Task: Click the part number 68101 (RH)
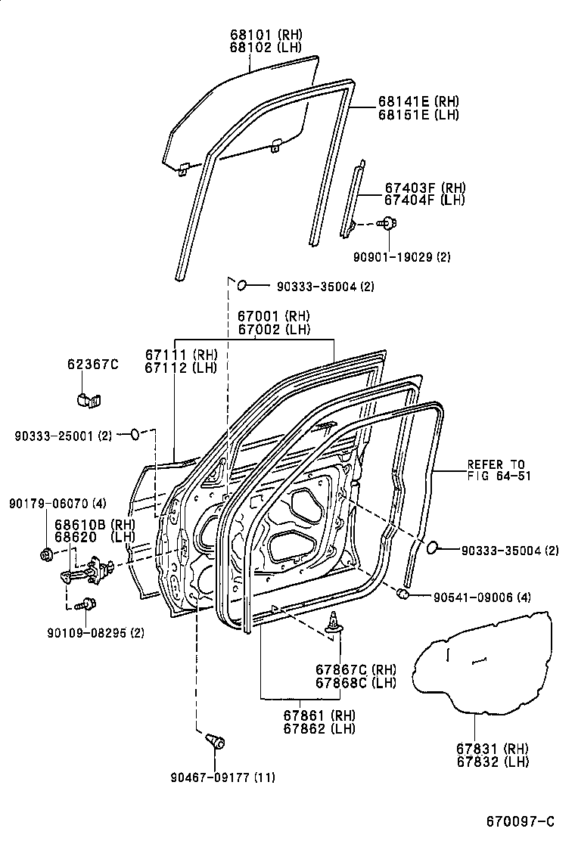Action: tap(266, 34)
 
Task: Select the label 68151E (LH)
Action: tap(418, 115)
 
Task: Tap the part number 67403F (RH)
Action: tap(424, 188)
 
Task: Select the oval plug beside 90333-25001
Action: tap(134, 434)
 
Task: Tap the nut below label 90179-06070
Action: tap(45, 555)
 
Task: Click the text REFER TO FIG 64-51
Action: tap(496, 470)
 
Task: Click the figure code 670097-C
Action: tap(520, 822)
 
